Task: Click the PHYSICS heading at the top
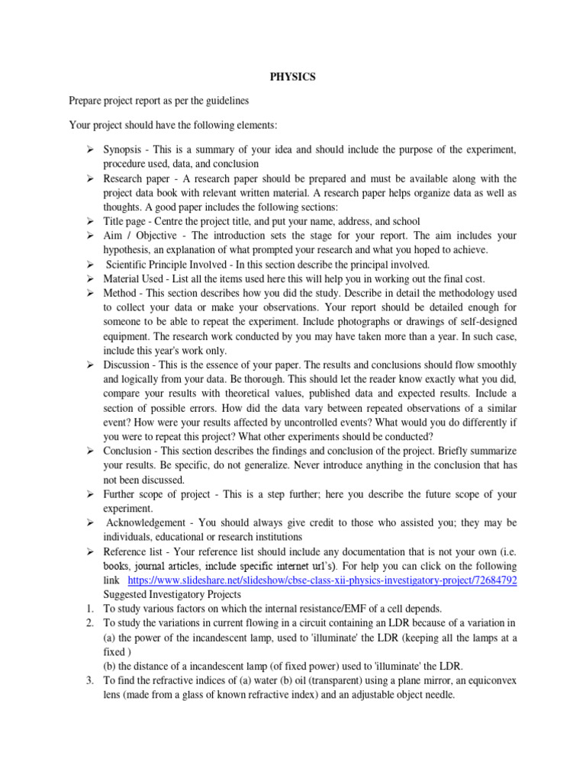tap(293, 77)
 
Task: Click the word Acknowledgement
tap(149, 523)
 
